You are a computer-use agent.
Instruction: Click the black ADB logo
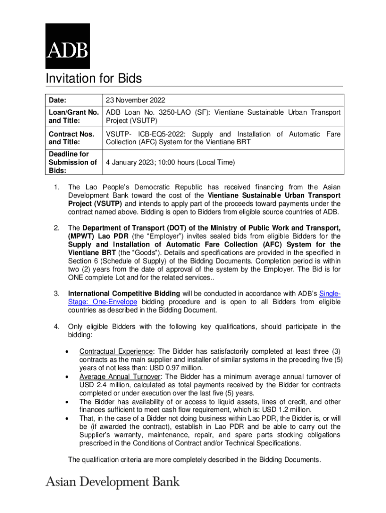click(68, 46)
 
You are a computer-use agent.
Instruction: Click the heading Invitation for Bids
click(94, 79)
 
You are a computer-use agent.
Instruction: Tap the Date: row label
click(58, 100)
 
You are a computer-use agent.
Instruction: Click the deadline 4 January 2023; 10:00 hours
click(169, 162)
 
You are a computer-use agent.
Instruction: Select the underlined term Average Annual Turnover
click(120, 377)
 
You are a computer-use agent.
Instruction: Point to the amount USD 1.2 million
click(283, 410)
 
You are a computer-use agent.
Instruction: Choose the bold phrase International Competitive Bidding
click(124, 293)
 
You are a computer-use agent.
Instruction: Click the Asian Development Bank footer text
click(112, 482)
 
